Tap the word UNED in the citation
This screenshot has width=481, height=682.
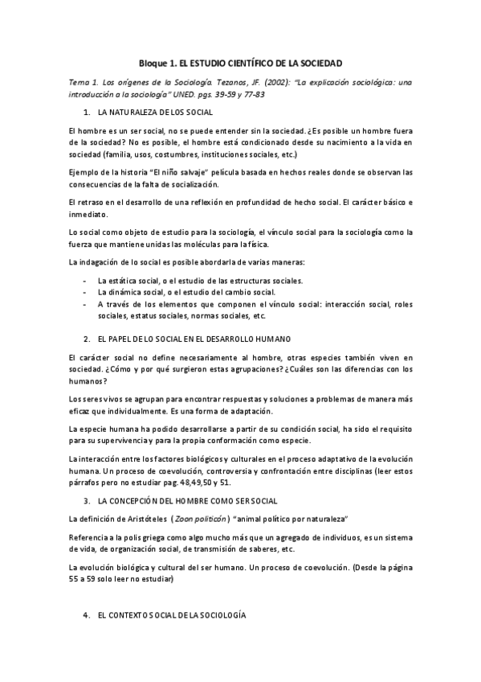[178, 94]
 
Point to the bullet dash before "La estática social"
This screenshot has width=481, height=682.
[86, 280]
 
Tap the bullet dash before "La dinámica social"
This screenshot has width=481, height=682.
[86, 292]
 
